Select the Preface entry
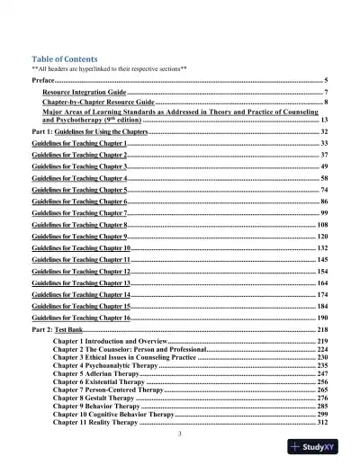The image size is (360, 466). click(43, 81)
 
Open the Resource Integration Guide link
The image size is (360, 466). click(85, 94)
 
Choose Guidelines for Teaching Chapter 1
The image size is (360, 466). click(79, 144)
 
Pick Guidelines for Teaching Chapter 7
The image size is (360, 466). click(79, 213)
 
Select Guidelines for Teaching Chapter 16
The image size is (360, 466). click(81, 318)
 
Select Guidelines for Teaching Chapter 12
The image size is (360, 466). click(81, 272)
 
